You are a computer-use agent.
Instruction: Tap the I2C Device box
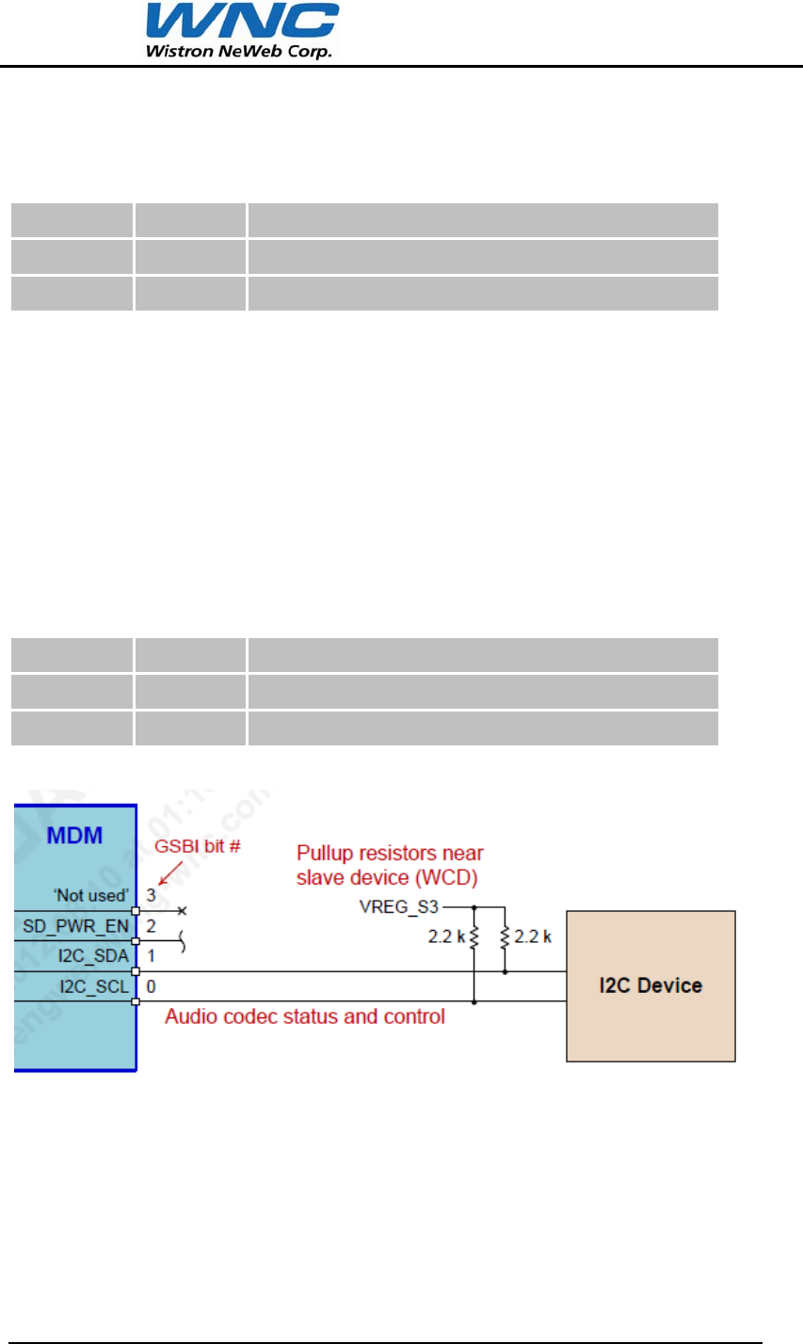coord(650,985)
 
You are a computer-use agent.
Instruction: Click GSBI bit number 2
coord(151,925)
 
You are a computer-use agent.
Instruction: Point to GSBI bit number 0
coord(151,986)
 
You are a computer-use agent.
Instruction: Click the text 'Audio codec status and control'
coord(305,1017)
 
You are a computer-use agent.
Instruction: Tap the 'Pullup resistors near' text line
coord(390,854)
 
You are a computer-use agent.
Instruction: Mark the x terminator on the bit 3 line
coord(181,911)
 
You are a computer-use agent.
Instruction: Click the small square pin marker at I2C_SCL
coord(136,1001)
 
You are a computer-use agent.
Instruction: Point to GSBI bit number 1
coord(151,956)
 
